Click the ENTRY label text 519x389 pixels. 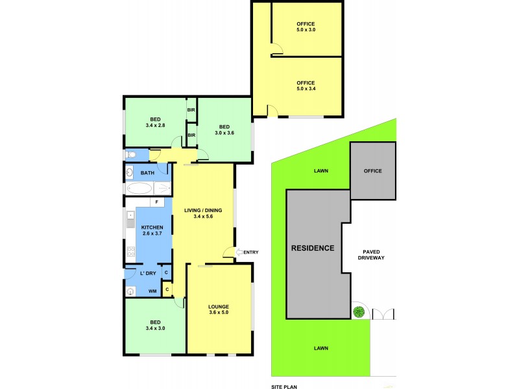coord(250,252)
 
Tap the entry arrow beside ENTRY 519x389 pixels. coord(238,252)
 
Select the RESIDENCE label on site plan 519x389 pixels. coord(313,248)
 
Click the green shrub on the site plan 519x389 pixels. coord(357,312)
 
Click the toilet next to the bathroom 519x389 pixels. coord(130,155)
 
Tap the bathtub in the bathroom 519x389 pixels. coord(138,189)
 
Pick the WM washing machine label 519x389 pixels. coord(153,292)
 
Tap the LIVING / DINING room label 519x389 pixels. coord(203,213)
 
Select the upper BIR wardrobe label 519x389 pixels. coord(191,110)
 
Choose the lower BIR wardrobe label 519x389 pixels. coord(191,135)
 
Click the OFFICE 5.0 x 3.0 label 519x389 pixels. coord(306,27)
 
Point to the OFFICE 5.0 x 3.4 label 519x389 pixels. coord(306,86)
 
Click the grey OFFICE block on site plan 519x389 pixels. coord(372,171)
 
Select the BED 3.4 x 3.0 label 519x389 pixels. coord(156,325)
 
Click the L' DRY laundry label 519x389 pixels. coord(148,274)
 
